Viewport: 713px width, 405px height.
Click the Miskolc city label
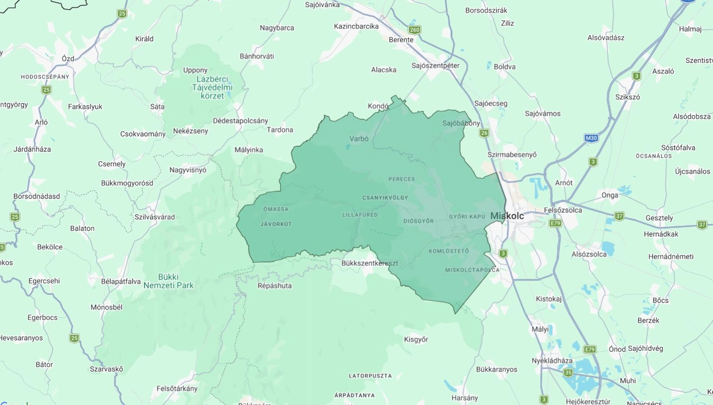click(507, 216)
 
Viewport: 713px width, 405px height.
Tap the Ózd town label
click(68, 59)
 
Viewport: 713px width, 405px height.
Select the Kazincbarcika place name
click(356, 26)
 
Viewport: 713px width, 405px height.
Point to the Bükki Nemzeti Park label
click(168, 281)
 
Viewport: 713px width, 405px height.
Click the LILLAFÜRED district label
click(360, 215)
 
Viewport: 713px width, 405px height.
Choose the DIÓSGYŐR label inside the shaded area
click(418, 221)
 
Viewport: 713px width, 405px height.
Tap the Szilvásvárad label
click(155, 217)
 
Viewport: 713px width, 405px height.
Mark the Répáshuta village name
click(275, 286)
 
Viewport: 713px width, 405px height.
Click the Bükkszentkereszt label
click(370, 263)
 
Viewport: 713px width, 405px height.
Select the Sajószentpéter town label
click(435, 66)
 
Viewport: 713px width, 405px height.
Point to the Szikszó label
click(627, 97)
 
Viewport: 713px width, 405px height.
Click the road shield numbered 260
click(415, 30)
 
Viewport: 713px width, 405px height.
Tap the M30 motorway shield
click(591, 138)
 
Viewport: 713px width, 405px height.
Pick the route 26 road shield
click(484, 133)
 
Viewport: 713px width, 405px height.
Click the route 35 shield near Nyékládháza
click(568, 373)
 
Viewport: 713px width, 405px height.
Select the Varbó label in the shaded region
click(359, 139)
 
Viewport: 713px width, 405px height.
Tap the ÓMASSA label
click(275, 209)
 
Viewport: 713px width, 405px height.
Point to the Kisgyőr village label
click(416, 339)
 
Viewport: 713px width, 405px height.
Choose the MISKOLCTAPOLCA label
click(472, 270)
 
